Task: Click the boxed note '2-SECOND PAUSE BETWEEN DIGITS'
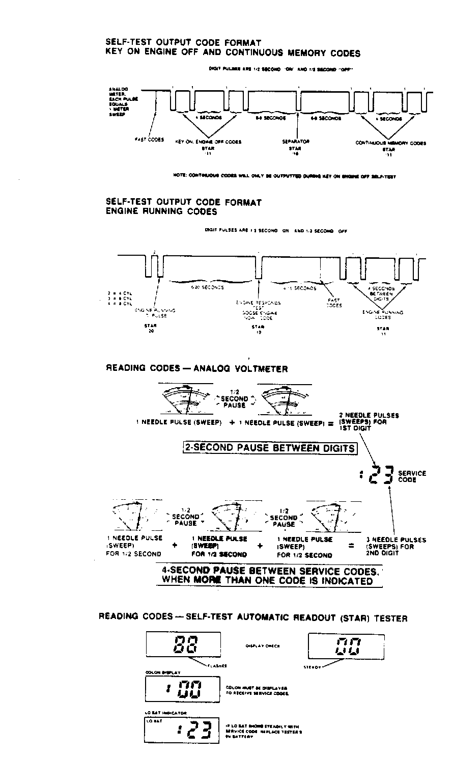[x=270, y=448]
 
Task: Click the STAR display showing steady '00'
[x=346, y=646]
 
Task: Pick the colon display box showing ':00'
[x=182, y=690]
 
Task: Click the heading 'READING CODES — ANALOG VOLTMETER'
[x=196, y=368]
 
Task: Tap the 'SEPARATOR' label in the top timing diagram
[x=296, y=141]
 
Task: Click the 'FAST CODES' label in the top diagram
[x=149, y=139]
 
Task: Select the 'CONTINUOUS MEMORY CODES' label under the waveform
[x=391, y=143]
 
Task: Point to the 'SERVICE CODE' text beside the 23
[x=412, y=476]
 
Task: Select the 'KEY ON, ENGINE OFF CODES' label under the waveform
[x=208, y=142]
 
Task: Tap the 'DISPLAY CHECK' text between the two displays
[x=262, y=646]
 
